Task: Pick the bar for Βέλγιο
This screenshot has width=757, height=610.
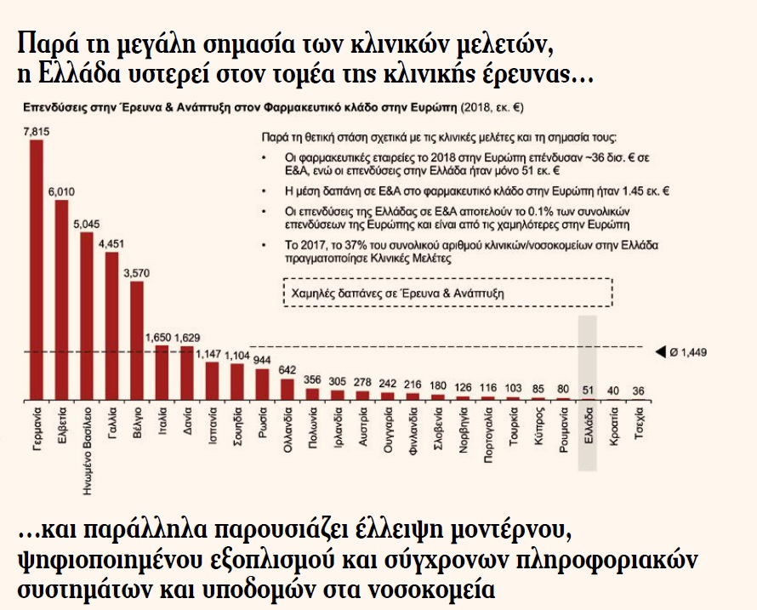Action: pyautogui.click(x=137, y=340)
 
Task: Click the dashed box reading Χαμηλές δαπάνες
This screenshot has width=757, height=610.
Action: pyautogui.click(x=446, y=291)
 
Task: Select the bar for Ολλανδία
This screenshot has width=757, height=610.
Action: pyautogui.click(x=287, y=390)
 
